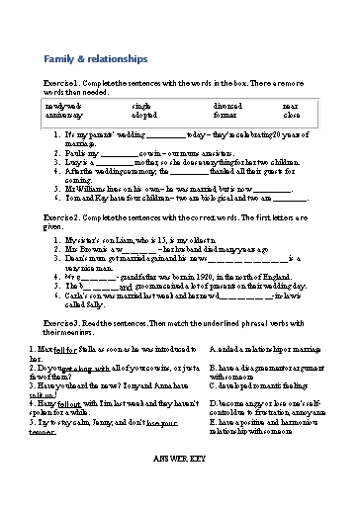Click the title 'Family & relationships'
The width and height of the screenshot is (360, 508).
(x=86, y=59)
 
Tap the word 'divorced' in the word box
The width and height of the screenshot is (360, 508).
(x=228, y=104)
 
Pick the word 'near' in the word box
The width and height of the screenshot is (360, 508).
(x=290, y=104)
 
